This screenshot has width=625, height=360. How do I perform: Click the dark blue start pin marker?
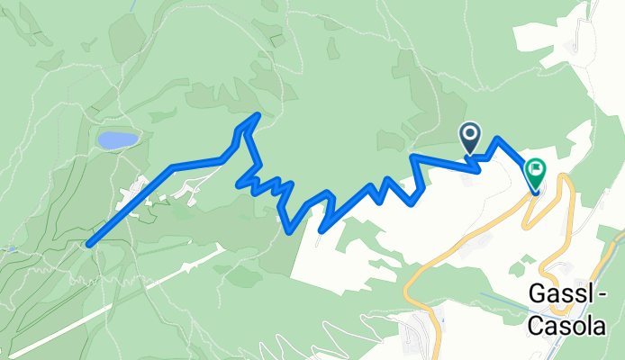coord(470,138)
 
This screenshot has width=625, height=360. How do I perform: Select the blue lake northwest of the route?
coord(118,139)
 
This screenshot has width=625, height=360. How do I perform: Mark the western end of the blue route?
coord(89,242)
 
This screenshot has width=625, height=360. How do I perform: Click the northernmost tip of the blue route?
coord(258,114)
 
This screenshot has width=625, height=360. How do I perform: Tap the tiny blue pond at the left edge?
coord(11,247)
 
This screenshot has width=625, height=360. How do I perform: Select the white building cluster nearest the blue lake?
coord(135,191)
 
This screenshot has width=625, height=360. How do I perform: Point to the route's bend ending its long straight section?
coord(172,167)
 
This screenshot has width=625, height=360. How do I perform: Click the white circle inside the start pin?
coord(470,134)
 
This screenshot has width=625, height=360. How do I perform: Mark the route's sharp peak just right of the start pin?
coord(496,139)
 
